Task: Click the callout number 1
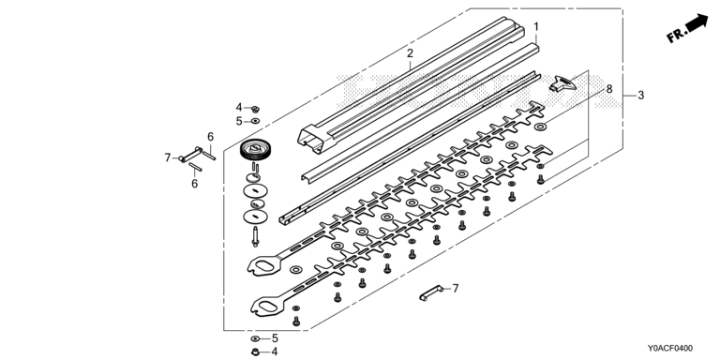535,27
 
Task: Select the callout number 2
410,53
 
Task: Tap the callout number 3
641,96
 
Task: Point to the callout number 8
609,89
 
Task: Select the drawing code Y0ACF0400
670,349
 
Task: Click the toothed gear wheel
255,150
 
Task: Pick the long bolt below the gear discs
255,236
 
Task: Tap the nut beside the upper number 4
256,109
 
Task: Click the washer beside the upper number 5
255,121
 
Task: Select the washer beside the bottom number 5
255,338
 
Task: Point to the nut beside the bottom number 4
256,352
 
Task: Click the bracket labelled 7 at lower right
431,292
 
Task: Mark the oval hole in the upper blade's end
264,266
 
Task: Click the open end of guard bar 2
311,138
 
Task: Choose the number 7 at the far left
168,157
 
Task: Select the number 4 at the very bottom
275,352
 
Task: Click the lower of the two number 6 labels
195,184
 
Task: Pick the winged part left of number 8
562,83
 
